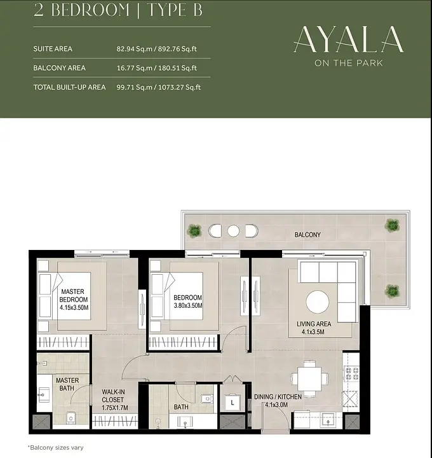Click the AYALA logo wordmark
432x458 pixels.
(x=349, y=39)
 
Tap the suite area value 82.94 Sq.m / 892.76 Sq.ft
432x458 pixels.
(x=157, y=49)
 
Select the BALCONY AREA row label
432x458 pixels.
(x=59, y=68)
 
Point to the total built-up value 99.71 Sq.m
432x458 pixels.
(x=135, y=87)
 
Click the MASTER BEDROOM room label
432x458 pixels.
(x=73, y=295)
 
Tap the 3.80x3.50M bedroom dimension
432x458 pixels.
(x=188, y=305)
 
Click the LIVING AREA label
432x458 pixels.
(x=314, y=324)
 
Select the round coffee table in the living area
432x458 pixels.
(x=318, y=302)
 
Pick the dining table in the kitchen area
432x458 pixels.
(x=310, y=379)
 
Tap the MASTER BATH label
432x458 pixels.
(x=67, y=384)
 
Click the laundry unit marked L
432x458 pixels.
(x=233, y=403)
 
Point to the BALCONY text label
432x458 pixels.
(x=307, y=235)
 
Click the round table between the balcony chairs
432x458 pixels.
(x=233, y=231)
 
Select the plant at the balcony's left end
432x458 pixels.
(x=194, y=231)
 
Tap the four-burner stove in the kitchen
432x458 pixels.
(x=351, y=373)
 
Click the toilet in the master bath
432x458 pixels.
(x=71, y=418)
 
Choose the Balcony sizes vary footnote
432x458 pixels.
(x=55, y=447)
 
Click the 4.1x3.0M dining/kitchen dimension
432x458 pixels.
(x=276, y=405)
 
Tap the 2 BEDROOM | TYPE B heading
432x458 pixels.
(x=118, y=10)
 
